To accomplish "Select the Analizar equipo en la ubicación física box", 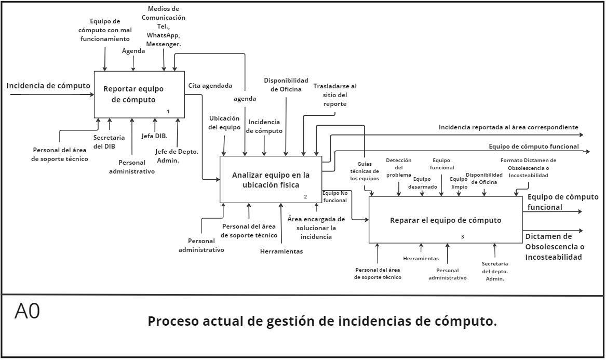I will point(271,180).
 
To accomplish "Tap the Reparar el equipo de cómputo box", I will point(446,220).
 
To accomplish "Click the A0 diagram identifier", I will point(27,312).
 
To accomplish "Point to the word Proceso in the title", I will point(171,321).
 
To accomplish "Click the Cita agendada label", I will point(210,86).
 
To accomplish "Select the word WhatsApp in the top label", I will point(164,34).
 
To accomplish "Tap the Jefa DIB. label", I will point(154,136).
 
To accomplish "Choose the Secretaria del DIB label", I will point(109,141).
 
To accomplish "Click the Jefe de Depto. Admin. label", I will point(177,156).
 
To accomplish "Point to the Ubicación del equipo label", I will point(224,123).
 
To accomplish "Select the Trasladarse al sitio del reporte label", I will point(335,95).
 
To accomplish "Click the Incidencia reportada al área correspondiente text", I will point(508,127).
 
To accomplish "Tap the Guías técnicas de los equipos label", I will point(365,171).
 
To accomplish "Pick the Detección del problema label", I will point(399,167).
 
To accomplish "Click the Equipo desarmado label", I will point(422,183).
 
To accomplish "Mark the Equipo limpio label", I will point(459,183).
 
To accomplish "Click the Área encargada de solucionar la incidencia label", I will point(316,228).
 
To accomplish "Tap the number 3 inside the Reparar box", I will point(462,237).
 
